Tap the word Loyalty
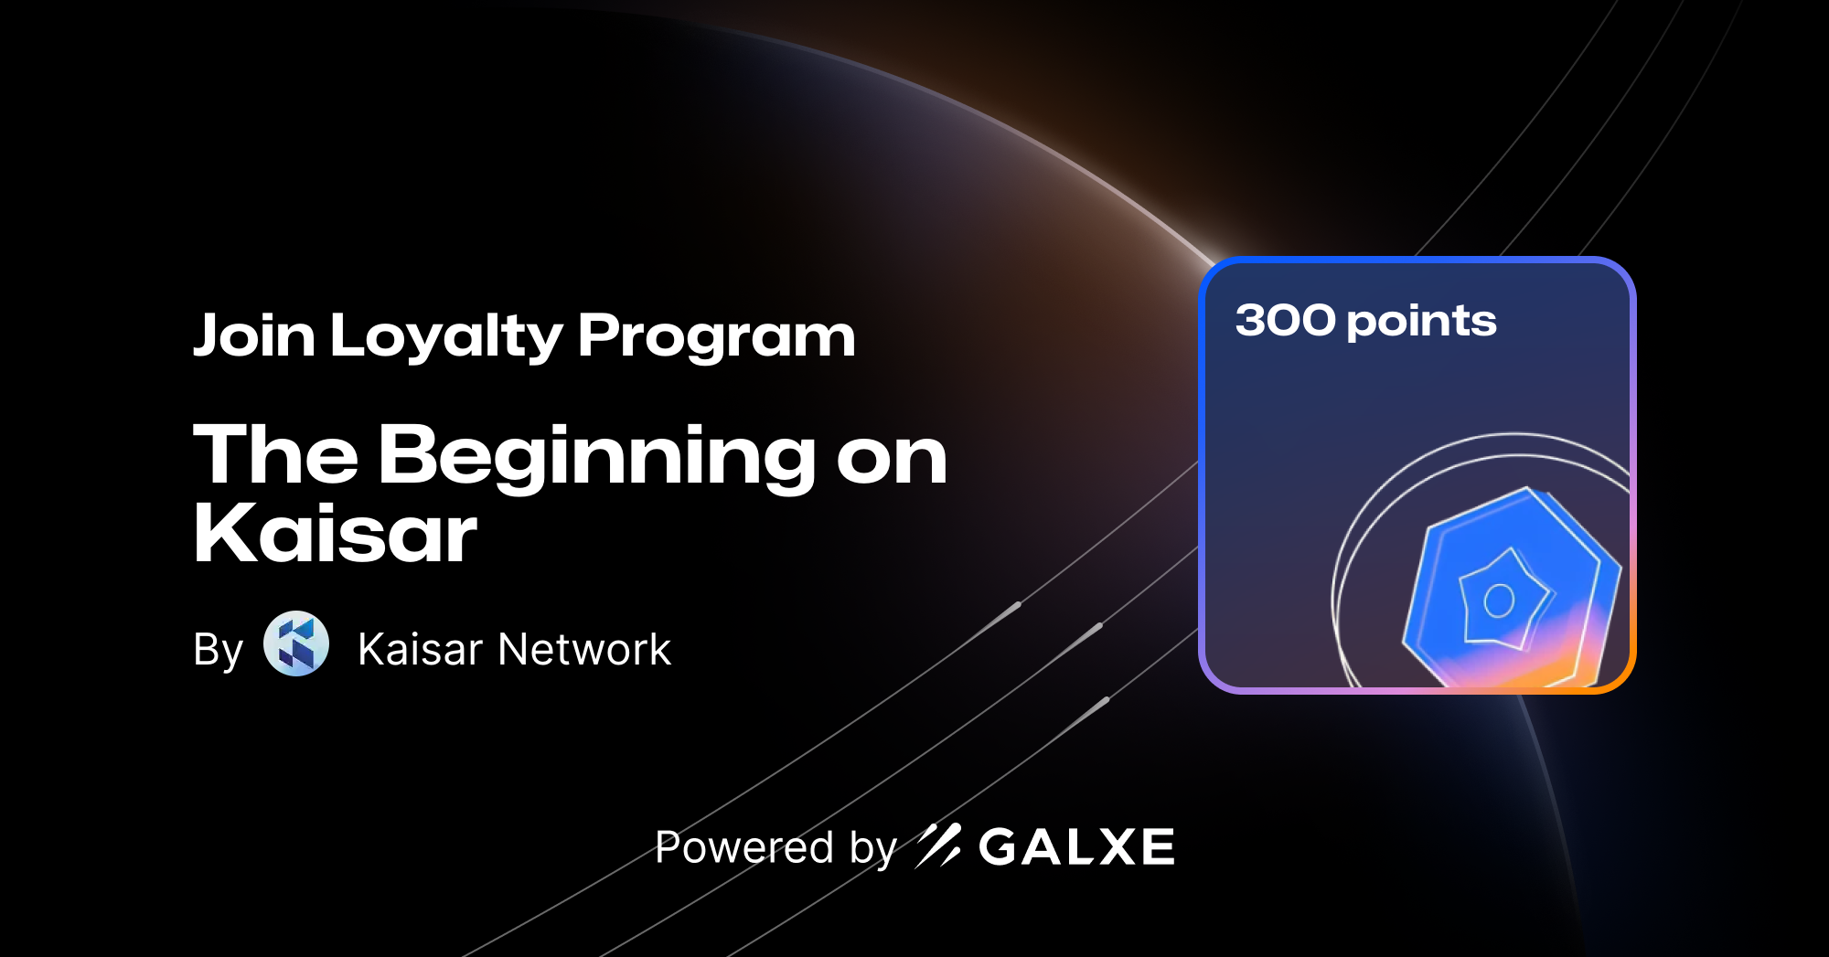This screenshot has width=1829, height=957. tap(446, 336)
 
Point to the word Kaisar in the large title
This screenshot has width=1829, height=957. tap(335, 533)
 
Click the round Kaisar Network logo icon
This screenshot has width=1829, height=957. tap(296, 643)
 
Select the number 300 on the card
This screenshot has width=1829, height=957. tap(1285, 321)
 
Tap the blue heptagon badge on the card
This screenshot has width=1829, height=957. tap(1512, 587)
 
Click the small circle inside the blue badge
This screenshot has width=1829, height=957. tap(1499, 601)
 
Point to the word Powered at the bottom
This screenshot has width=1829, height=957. tap(744, 847)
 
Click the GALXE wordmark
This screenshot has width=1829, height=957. tap(1076, 847)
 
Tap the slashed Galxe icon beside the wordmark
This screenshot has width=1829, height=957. tap(938, 845)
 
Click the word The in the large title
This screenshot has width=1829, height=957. tap(275, 454)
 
